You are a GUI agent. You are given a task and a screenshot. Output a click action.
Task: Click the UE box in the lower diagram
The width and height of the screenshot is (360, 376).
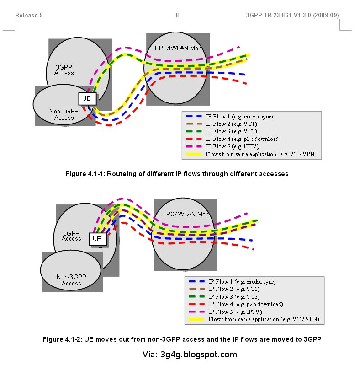pyautogui.click(x=97, y=239)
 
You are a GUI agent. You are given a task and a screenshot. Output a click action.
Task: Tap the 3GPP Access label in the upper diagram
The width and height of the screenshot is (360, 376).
pyautogui.click(x=64, y=70)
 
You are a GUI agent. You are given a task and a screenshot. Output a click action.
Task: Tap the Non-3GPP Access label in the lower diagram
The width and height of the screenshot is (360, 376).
pyautogui.click(x=71, y=280)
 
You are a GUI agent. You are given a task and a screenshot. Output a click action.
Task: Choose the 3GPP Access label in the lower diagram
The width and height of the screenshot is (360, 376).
pyautogui.click(x=71, y=236)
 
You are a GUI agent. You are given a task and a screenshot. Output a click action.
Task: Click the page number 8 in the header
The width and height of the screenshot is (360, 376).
pyautogui.click(x=177, y=16)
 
